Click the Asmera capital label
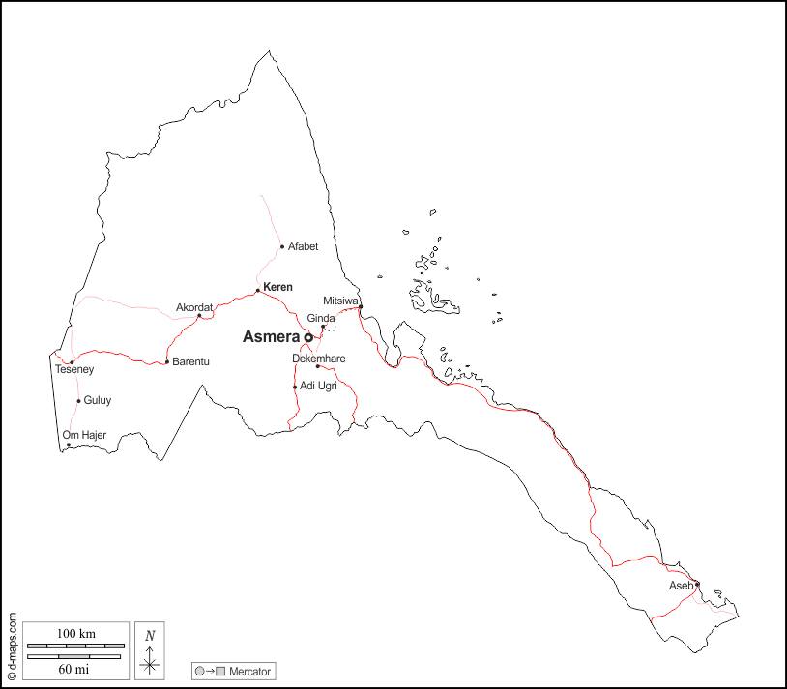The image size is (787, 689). pyautogui.click(x=271, y=337)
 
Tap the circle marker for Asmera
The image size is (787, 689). pyautogui.click(x=308, y=337)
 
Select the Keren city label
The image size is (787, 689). pyautogui.click(x=277, y=287)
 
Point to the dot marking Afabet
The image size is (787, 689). pyautogui.click(x=282, y=246)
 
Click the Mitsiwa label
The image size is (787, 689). pyautogui.click(x=340, y=301)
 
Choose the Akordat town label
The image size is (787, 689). pyautogui.click(x=194, y=307)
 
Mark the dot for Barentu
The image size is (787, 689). pyautogui.click(x=167, y=362)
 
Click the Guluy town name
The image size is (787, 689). pyautogui.click(x=98, y=400)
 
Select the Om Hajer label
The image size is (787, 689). pyautogui.click(x=83, y=435)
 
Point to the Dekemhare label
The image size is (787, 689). pyautogui.click(x=319, y=359)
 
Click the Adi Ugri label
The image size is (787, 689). pyautogui.click(x=318, y=387)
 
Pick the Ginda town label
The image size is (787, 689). pyautogui.click(x=321, y=318)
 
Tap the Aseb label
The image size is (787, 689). pyautogui.click(x=681, y=587)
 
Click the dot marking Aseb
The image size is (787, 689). pyautogui.click(x=697, y=584)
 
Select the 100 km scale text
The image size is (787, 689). pyautogui.click(x=75, y=633)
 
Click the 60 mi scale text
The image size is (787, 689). pyautogui.click(x=74, y=668)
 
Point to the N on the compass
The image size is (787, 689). pyautogui.click(x=149, y=635)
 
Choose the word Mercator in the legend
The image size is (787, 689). pyautogui.click(x=250, y=671)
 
